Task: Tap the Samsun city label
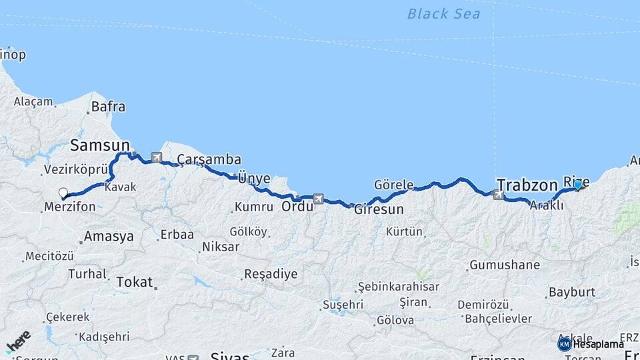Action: (x=101, y=145)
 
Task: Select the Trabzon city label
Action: (x=527, y=185)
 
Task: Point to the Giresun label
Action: (x=379, y=209)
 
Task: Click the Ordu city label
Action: (x=297, y=206)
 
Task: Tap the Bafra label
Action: (x=108, y=106)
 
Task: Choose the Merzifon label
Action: (x=69, y=207)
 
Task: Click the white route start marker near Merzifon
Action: (x=63, y=193)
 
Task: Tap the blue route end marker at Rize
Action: (x=577, y=185)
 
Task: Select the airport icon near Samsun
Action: (x=157, y=158)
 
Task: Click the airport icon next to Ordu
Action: (x=319, y=199)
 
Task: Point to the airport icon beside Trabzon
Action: (x=497, y=195)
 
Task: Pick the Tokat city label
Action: (x=134, y=282)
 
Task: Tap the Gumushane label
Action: (x=505, y=265)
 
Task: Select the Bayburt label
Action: (x=571, y=292)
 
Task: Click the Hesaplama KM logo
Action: (x=565, y=344)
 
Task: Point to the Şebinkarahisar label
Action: (x=399, y=286)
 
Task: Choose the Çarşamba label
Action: (x=209, y=159)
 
